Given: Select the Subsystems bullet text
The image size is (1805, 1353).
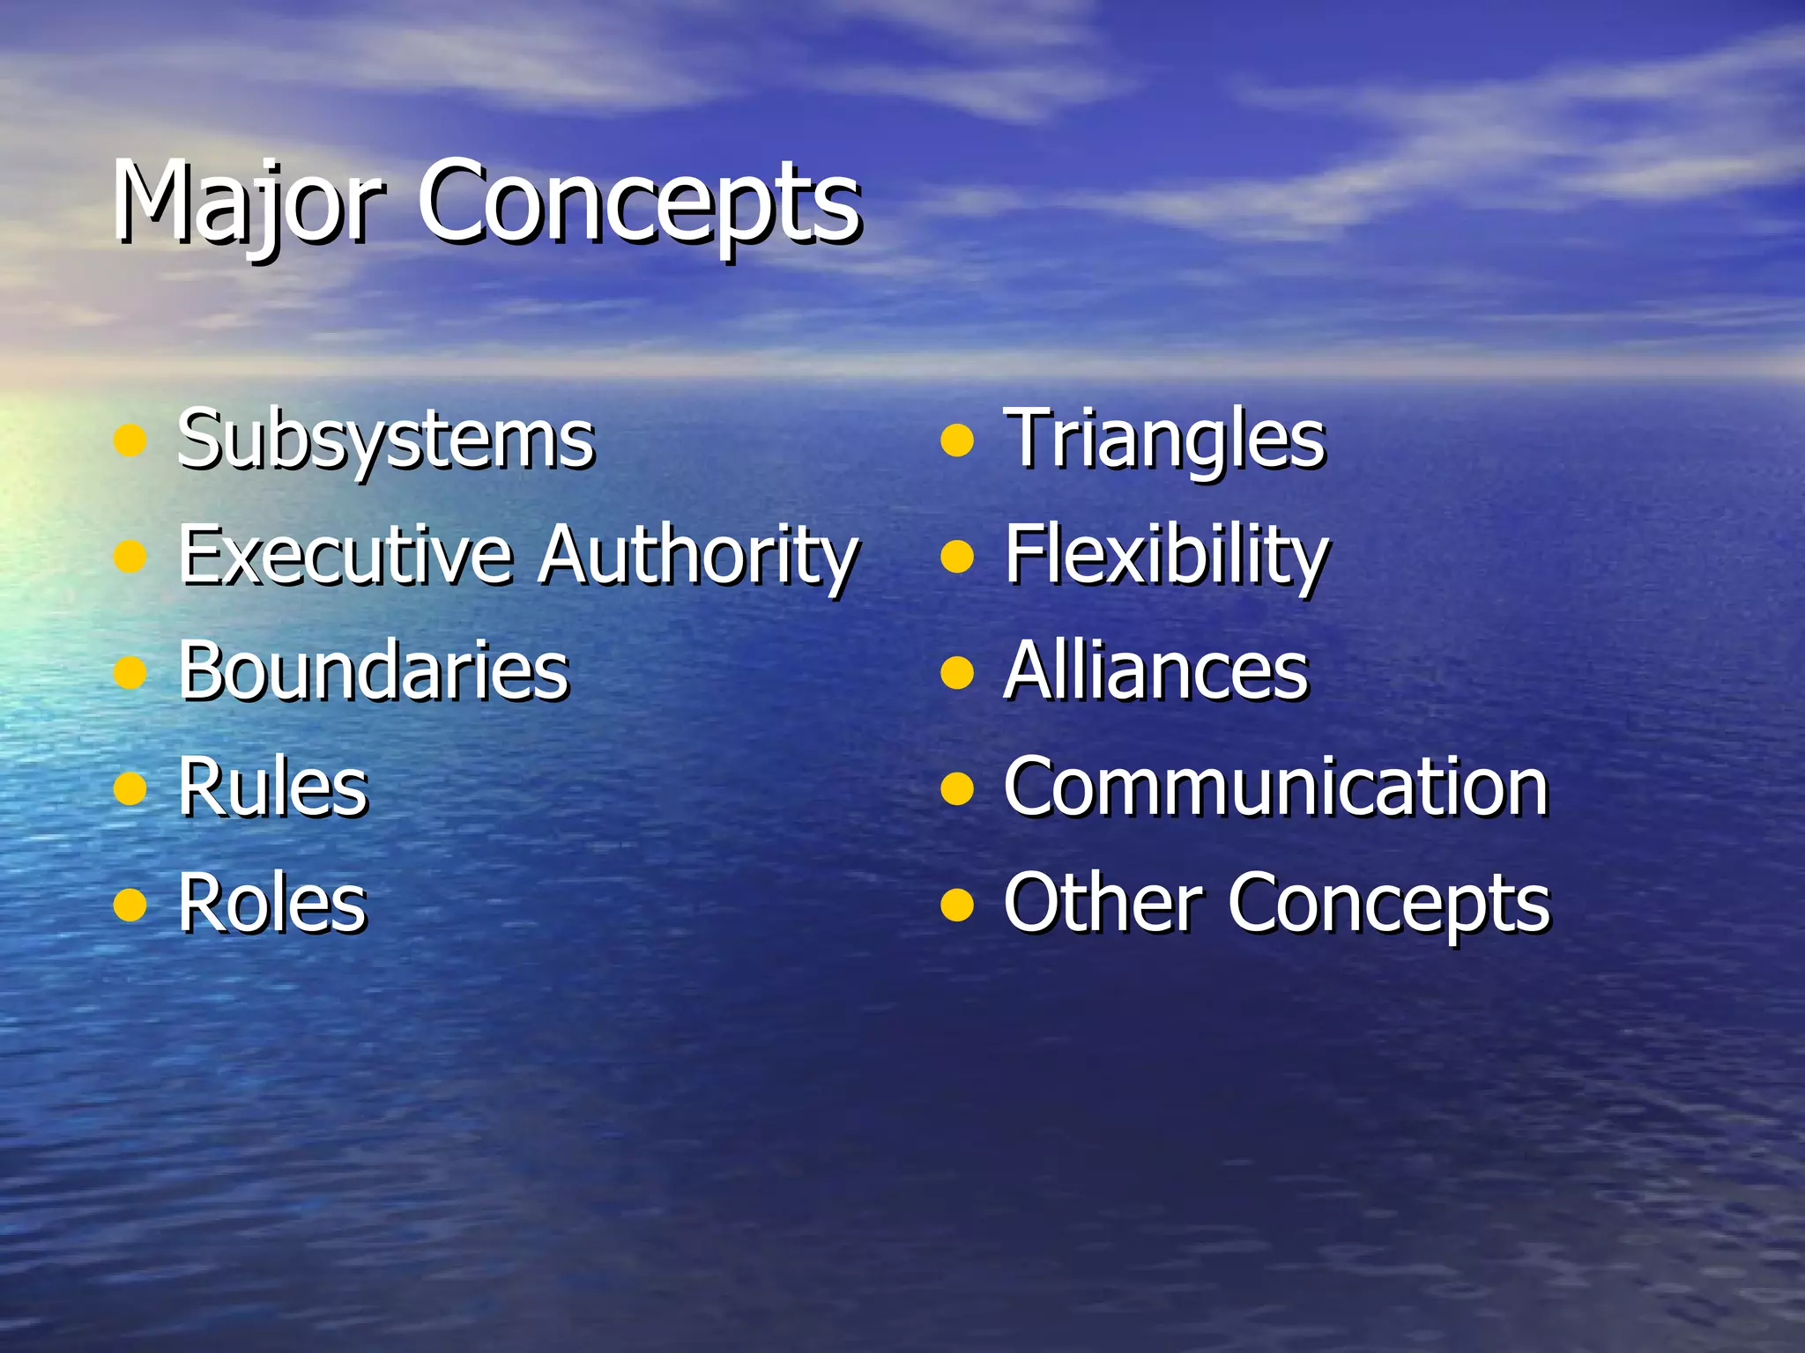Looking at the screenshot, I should pos(386,440).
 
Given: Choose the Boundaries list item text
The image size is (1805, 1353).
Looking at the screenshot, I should pos(374,671).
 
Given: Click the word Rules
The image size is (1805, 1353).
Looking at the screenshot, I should pos(273,787).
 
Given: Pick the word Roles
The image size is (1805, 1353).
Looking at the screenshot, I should pos(272,904).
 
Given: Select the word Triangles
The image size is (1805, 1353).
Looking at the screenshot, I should pos(1164,440).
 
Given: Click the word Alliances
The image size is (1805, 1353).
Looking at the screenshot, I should pos(1155,671).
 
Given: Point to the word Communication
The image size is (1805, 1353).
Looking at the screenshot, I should pos(1275,787).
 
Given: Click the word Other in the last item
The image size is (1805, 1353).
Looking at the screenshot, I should pos(1103,902).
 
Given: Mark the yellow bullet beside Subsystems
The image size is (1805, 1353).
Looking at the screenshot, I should pos(130,440).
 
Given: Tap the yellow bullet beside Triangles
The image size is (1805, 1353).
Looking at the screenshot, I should pos(956,440).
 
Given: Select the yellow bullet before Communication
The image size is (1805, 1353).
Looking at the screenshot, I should pos(956,789).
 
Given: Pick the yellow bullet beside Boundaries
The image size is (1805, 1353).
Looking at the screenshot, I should pos(130,673).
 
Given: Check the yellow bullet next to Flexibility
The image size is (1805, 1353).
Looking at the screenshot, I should pos(956,557).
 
